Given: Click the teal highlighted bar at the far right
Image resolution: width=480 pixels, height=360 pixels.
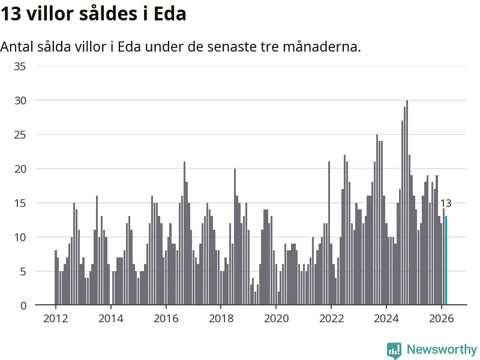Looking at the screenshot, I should pyautogui.click(x=446, y=261).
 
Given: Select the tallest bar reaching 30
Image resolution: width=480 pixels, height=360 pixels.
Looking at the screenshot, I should pyautogui.click(x=407, y=204).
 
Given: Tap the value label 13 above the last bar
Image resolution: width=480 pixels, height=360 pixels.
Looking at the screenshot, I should pyautogui.click(x=446, y=203).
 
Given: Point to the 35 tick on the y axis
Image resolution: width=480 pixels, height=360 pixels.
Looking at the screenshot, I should pyautogui.click(x=20, y=66).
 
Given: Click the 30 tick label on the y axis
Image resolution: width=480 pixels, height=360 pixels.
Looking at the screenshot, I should pyautogui.click(x=20, y=100).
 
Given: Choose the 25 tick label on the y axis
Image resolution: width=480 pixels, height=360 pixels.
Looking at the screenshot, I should pyautogui.click(x=20, y=134).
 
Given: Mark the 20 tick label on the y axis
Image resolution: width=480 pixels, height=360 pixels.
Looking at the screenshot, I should pyautogui.click(x=20, y=169).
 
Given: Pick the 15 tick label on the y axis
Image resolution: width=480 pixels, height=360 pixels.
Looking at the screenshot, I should pyautogui.click(x=20, y=203).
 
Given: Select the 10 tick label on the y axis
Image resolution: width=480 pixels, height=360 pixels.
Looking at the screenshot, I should pyautogui.click(x=20, y=237).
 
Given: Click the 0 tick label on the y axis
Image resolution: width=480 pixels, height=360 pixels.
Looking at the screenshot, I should pyautogui.click(x=23, y=305).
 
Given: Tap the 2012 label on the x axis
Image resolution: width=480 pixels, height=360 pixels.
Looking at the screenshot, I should pyautogui.click(x=55, y=319).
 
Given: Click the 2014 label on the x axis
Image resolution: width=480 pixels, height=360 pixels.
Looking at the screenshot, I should pyautogui.click(x=110, y=319).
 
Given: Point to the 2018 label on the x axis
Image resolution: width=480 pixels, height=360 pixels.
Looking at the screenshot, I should pyautogui.click(x=221, y=319).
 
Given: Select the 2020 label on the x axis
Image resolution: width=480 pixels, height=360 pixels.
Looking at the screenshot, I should pyautogui.click(x=276, y=319).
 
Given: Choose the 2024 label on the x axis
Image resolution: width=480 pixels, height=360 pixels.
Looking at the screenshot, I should pyautogui.click(x=386, y=319).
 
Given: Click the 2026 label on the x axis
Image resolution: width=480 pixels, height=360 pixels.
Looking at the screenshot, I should pyautogui.click(x=442, y=319).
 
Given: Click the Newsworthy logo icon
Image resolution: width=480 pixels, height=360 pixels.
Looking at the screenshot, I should pyautogui.click(x=394, y=350).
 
